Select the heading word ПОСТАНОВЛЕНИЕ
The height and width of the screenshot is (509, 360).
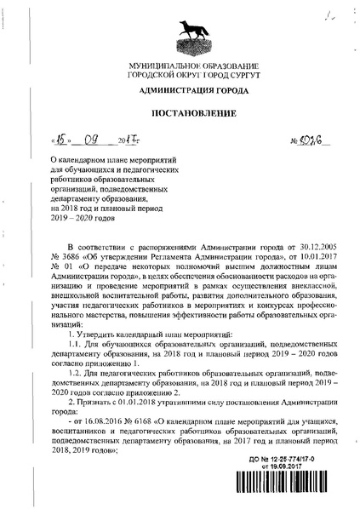click(x=180, y=113)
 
